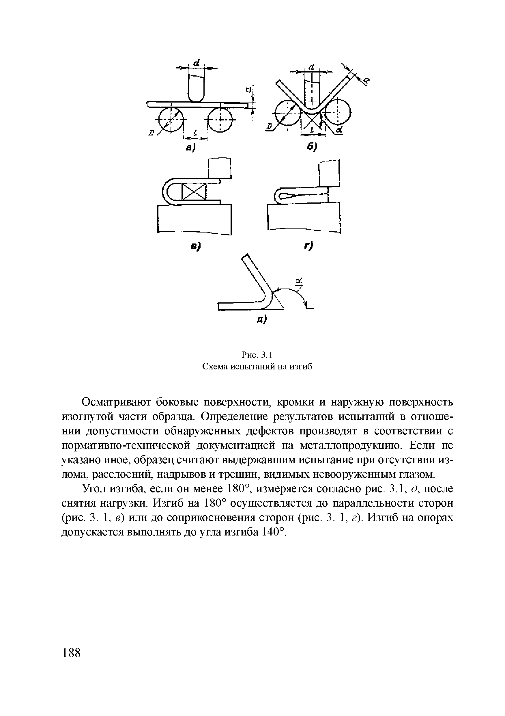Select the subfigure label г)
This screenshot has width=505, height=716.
309,246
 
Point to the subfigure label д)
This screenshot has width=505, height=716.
262,319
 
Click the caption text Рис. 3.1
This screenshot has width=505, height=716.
257,355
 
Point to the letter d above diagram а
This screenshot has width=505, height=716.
197,62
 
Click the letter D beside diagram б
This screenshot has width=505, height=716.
269,126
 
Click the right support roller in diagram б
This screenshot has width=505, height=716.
338,111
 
